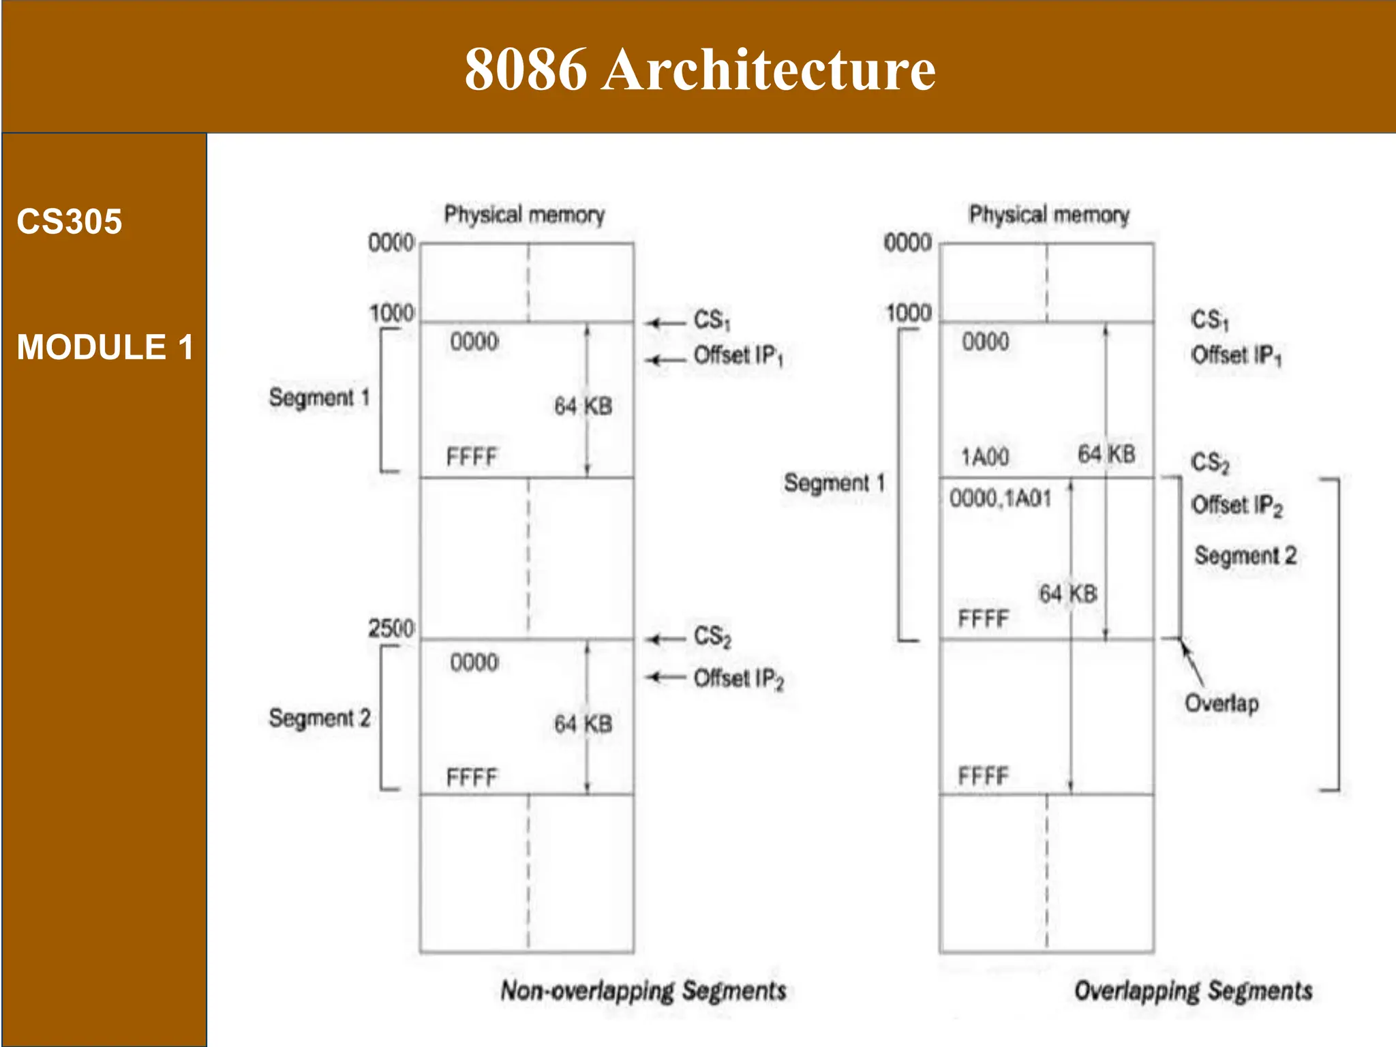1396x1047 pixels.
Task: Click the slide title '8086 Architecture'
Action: point(699,69)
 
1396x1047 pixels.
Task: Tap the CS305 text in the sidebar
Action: point(70,222)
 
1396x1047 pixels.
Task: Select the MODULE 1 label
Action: point(105,347)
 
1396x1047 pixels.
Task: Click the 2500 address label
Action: point(391,628)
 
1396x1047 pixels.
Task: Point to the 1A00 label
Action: point(985,457)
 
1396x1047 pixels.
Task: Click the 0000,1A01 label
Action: point(1000,499)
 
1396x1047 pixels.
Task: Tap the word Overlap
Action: point(1221,703)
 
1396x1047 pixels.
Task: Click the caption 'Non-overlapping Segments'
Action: point(643,990)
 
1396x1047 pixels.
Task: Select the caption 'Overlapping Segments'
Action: point(1193,990)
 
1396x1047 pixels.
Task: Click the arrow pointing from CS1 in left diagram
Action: point(665,322)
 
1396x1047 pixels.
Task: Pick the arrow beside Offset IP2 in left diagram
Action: point(665,677)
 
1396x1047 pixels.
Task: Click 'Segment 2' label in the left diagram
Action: point(319,718)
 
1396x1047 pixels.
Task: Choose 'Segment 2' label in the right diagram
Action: point(1245,556)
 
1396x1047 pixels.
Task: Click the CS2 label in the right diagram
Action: point(1210,463)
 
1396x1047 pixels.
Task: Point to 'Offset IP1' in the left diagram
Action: point(738,356)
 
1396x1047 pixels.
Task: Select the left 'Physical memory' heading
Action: point(524,215)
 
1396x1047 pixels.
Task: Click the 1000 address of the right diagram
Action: point(908,313)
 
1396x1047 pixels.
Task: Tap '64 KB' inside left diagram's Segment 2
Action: point(583,724)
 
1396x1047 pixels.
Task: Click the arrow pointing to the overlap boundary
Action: point(1193,663)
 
